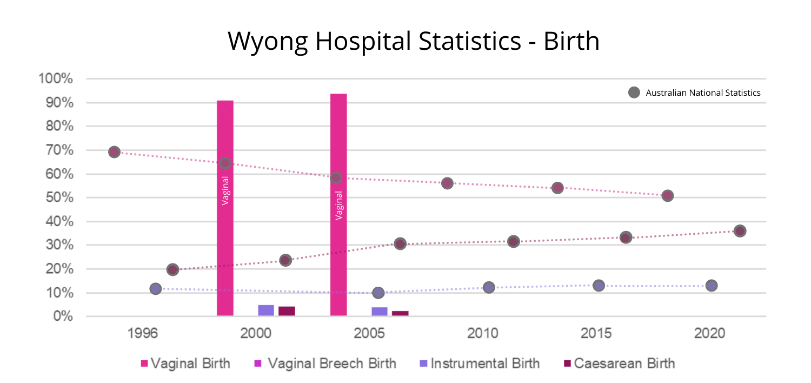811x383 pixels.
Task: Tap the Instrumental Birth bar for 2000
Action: [266, 311]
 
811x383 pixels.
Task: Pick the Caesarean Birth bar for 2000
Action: [287, 311]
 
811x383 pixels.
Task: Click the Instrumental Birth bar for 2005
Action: [380, 312]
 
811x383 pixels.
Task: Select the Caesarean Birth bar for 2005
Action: [400, 313]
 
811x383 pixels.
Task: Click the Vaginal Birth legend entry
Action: [185, 363]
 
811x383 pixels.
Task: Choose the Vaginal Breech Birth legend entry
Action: [325, 363]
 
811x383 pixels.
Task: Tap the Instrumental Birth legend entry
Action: [480, 363]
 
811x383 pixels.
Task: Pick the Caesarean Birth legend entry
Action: [619, 363]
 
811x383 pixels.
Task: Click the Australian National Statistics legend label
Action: [703, 93]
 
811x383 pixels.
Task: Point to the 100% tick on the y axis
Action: [56, 79]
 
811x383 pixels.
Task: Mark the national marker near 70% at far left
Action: [114, 152]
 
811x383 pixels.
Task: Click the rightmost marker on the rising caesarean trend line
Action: [740, 231]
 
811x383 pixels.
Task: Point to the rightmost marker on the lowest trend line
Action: [712, 286]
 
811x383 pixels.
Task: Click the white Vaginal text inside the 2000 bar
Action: [225, 190]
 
